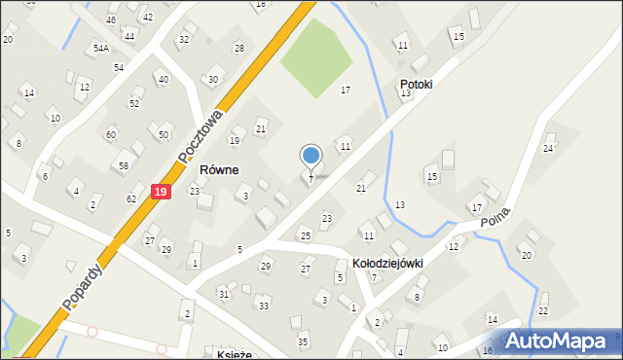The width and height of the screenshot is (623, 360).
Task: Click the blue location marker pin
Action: coord(311,157)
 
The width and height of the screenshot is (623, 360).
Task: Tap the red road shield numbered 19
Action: coord(161,194)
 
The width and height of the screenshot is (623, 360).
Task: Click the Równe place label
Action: coord(219,169)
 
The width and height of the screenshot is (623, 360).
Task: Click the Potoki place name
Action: coord(416,85)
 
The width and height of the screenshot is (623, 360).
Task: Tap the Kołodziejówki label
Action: coord(388,264)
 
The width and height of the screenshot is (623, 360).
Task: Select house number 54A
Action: coord(101,48)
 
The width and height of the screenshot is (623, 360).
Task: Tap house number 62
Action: coord(131,199)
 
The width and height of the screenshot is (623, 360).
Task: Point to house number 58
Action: coord(124,166)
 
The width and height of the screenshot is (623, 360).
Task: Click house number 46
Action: coord(111,20)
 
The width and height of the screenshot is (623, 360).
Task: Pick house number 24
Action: coord(548,148)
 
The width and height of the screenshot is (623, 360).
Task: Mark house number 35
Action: coord(303,342)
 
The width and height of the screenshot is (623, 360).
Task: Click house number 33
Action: coord(263,306)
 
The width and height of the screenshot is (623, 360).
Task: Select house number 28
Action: coord(238,49)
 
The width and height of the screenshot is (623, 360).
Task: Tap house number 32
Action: coord(183,40)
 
